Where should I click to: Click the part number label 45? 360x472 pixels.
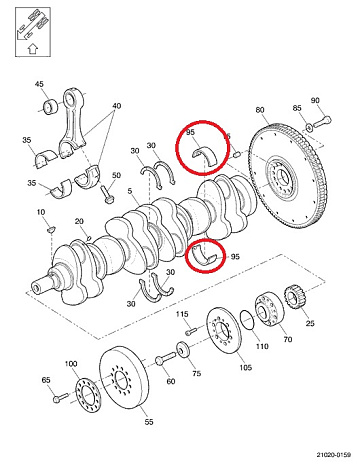tap(39, 84)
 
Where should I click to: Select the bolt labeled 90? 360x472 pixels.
tap(322, 121)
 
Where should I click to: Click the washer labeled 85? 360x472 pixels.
tap(309, 127)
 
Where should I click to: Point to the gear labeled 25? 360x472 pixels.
tap(294, 296)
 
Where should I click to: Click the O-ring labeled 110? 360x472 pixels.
tap(248, 320)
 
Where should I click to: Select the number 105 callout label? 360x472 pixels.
tap(246, 367)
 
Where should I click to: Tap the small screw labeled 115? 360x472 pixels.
tap(191, 331)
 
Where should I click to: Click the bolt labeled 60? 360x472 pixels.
tap(165, 358)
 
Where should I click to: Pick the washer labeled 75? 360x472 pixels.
tap(183, 349)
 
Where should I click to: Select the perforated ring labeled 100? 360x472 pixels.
tap(88, 395)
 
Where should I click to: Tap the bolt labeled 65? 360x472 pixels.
tap(60, 397)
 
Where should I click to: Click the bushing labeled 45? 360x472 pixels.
tap(51, 107)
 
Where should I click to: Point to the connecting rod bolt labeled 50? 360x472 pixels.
tap(106, 194)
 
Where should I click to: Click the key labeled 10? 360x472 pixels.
tap(51, 229)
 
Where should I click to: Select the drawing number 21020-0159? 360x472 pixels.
tap(334, 454)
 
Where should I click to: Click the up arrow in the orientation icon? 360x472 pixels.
tap(32, 49)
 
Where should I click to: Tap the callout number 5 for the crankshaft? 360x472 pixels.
tap(130, 191)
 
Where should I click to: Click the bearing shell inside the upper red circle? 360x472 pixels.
tap(204, 154)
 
